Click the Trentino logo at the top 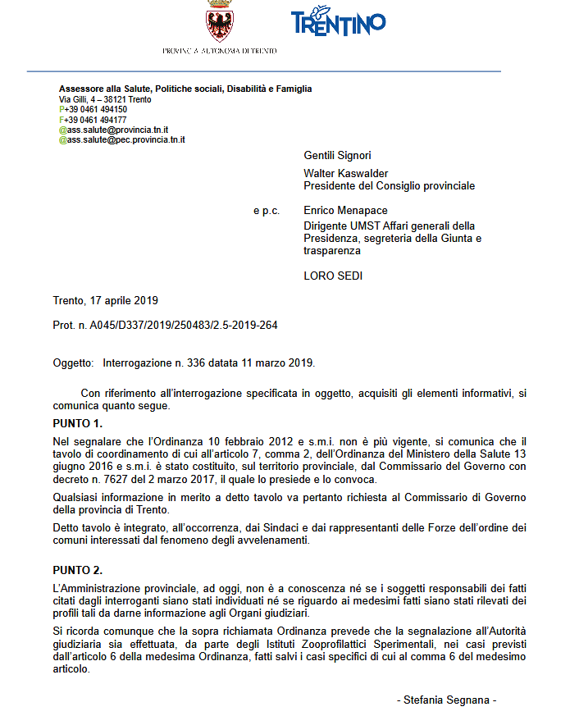[338, 22]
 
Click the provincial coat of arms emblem [219, 21]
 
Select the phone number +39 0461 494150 [96, 109]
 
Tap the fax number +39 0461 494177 [96, 120]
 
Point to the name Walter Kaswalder [345, 174]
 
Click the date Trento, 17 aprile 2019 [106, 301]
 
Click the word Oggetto [73, 362]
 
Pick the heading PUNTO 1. [78, 424]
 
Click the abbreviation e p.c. [267, 211]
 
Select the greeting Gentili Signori [337, 155]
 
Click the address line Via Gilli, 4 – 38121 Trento [104, 99]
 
